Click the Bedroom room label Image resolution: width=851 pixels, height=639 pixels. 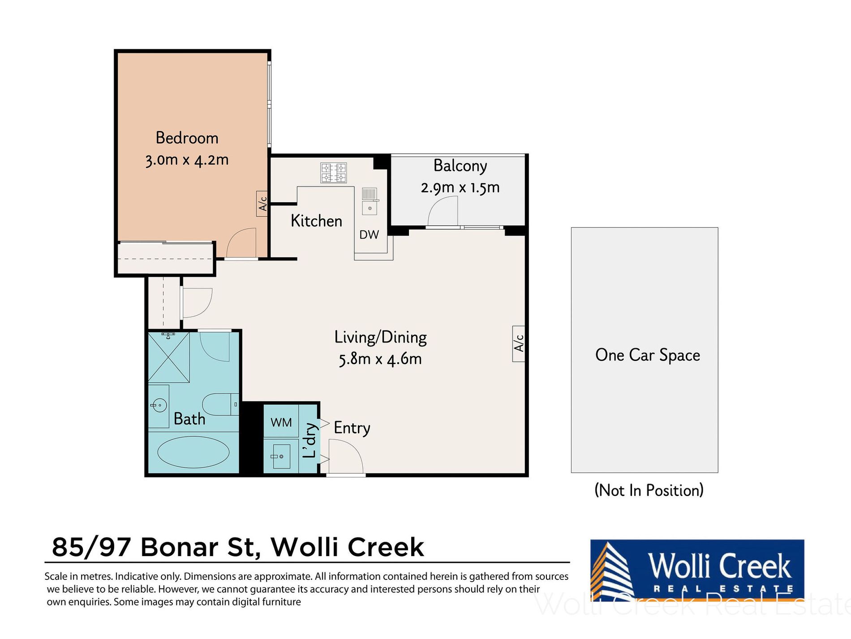pyautogui.click(x=187, y=138)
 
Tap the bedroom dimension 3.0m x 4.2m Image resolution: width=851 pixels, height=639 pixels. pyautogui.click(x=187, y=160)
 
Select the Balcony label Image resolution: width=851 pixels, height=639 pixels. pyautogui.click(x=460, y=165)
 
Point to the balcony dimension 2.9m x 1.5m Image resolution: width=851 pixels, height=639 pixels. pyautogui.click(x=460, y=187)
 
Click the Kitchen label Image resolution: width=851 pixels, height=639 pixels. pyautogui.click(x=316, y=221)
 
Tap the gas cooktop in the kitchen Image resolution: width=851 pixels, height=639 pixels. pyautogui.click(x=334, y=173)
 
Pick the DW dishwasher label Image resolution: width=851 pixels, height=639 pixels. pyautogui.click(x=369, y=235)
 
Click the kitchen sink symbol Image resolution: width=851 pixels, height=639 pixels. pyautogui.click(x=370, y=201)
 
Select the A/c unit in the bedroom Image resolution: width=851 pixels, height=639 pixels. pyautogui.click(x=262, y=204)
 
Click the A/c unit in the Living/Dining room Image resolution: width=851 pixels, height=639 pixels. pyautogui.click(x=518, y=343)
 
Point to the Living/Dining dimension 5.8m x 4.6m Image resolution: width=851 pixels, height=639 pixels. pyautogui.click(x=380, y=359)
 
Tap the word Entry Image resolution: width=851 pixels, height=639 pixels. pyautogui.click(x=352, y=428)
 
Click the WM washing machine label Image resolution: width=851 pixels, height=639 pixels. pyautogui.click(x=281, y=422)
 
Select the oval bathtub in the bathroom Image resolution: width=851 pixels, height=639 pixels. pyautogui.click(x=193, y=452)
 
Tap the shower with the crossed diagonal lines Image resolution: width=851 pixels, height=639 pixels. pyautogui.click(x=168, y=357)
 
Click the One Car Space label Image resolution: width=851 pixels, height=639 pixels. pyautogui.click(x=648, y=355)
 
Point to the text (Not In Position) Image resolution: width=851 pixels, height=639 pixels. pyautogui.click(x=649, y=490)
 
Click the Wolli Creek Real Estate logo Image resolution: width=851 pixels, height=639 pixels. pyautogui.click(x=697, y=570)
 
